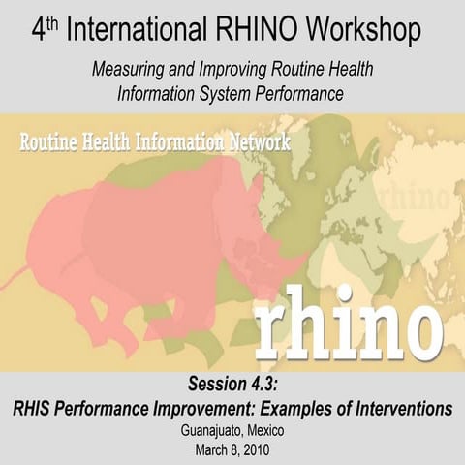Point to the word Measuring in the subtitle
point(129,71)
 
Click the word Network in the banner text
point(265,141)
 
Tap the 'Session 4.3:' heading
point(232,385)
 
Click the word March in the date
point(202,449)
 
